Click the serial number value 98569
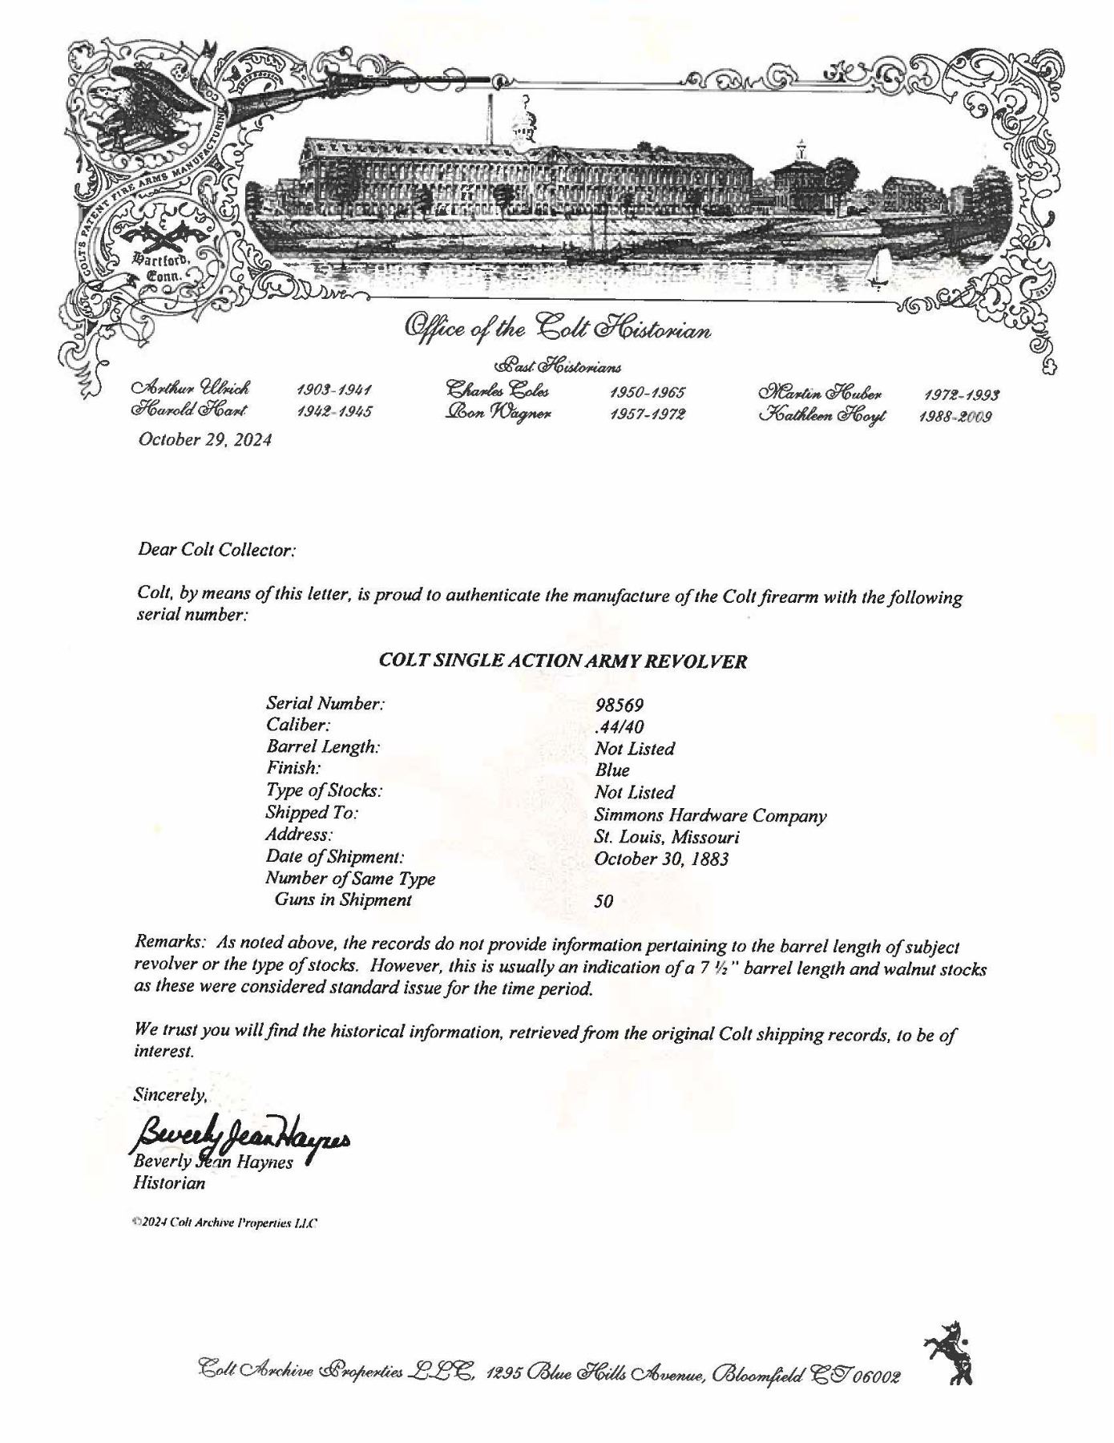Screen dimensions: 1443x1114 (620, 705)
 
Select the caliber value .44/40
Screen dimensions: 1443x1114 (620, 726)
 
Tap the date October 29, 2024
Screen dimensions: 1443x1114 (205, 439)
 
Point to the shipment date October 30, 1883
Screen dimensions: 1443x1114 (661, 859)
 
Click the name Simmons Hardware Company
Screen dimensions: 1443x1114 (710, 816)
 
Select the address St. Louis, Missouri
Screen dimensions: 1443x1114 (667, 838)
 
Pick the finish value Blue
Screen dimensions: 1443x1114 (612, 770)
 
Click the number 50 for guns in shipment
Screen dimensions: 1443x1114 (604, 901)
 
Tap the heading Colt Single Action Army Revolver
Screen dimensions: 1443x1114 (563, 662)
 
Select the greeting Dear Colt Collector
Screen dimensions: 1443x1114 (217, 551)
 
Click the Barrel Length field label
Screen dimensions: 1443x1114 (323, 747)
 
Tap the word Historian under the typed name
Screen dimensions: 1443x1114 (169, 1182)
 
